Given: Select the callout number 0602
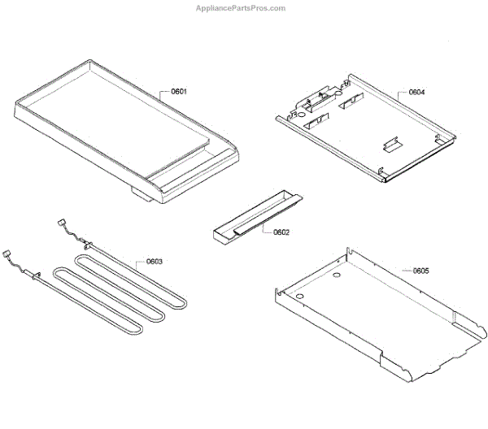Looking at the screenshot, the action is (x=281, y=232).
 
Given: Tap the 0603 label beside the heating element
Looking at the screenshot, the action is (x=155, y=262).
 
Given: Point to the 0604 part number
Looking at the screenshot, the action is (x=416, y=93).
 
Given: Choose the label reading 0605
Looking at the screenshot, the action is (x=420, y=270).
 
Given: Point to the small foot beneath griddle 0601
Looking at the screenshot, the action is (x=145, y=196).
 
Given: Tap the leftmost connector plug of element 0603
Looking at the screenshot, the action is (x=7, y=253).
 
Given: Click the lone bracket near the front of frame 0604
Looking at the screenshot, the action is (x=390, y=144).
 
